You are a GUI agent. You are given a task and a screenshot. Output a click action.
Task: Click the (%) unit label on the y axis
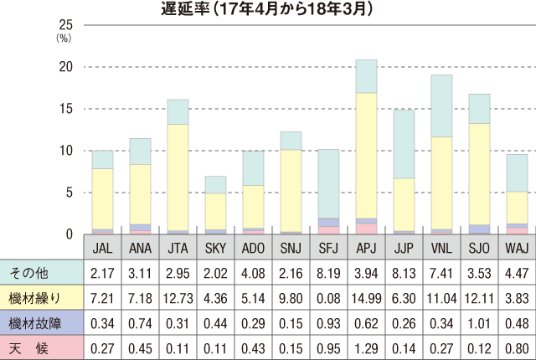64,38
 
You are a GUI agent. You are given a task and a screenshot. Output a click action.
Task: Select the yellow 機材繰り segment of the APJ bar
366,155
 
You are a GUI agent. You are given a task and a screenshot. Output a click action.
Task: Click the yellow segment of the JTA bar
178,177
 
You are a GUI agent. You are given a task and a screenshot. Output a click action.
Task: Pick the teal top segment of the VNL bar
441,105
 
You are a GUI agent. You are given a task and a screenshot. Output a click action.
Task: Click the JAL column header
102,249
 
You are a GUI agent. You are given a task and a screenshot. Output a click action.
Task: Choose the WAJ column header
517,249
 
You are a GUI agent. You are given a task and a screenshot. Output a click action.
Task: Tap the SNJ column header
291,249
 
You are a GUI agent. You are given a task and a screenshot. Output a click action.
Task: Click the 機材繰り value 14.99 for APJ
366,298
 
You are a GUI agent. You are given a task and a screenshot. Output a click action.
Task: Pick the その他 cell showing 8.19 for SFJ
328,273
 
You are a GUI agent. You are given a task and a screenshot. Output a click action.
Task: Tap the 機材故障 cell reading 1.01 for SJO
479,323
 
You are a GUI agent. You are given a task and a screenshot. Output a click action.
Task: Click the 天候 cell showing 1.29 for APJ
366,347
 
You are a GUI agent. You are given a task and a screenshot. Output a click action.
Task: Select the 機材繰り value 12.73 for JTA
178,298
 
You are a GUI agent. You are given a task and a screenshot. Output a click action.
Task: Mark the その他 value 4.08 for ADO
253,273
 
